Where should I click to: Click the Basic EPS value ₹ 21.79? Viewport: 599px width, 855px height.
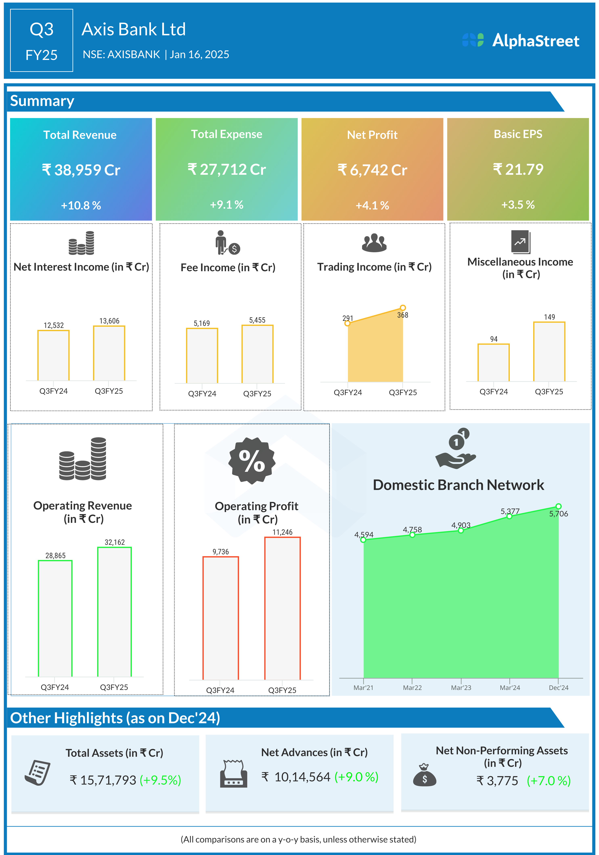(x=518, y=170)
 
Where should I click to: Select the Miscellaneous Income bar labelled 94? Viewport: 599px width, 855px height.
(x=493, y=362)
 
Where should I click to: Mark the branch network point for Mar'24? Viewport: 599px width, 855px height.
(x=509, y=516)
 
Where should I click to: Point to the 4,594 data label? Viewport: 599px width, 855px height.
(x=363, y=535)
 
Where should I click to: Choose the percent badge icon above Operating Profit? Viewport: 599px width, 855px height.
(x=252, y=461)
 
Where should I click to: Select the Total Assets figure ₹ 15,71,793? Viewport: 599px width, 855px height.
(x=103, y=780)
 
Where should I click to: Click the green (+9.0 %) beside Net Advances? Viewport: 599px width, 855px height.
(x=356, y=777)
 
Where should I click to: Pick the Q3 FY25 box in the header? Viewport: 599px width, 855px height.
(x=41, y=40)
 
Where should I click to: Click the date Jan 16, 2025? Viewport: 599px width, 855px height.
(x=199, y=55)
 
